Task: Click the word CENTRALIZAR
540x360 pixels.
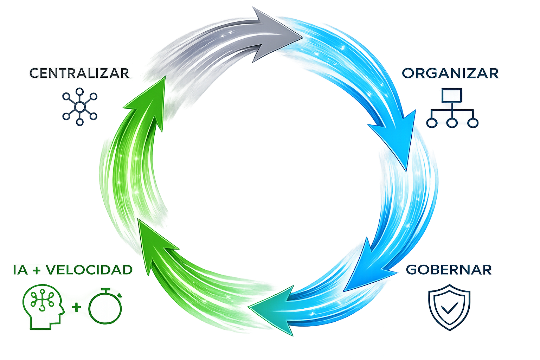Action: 79,73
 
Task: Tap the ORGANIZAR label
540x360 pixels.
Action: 450,73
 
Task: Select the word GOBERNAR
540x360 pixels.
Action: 449,270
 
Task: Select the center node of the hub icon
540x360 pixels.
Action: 80,106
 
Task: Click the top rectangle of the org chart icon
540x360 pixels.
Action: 452,95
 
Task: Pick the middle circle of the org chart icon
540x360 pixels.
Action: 452,123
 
